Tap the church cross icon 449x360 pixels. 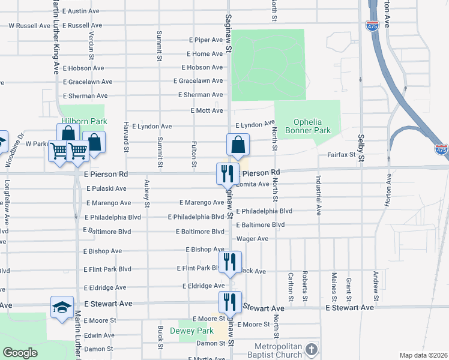pyautogui.click(x=311, y=349)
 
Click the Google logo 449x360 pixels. pyautogui.click(x=20, y=353)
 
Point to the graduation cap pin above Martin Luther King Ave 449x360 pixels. pyautogui.click(x=62, y=307)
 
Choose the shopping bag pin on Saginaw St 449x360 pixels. pyautogui.click(x=238, y=145)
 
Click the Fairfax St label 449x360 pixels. pyautogui.click(x=342, y=155)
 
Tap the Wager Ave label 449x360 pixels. pyautogui.click(x=252, y=239)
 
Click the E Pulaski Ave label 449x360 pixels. pyautogui.click(x=106, y=188)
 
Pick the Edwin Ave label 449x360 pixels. pyautogui.click(x=99, y=335)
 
